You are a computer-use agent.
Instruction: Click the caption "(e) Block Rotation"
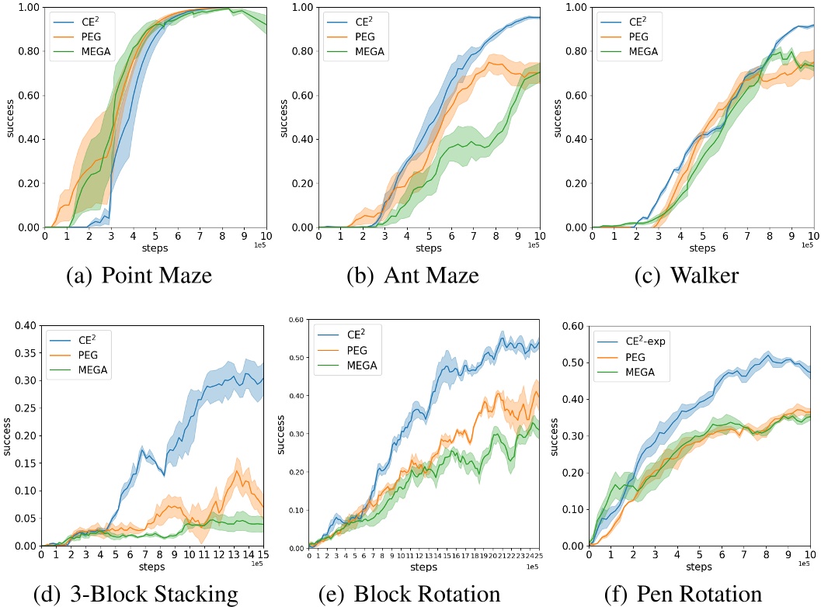coord(409,595)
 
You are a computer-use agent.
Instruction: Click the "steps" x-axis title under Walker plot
coord(702,248)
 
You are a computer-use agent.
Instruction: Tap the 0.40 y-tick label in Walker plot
coord(575,140)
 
